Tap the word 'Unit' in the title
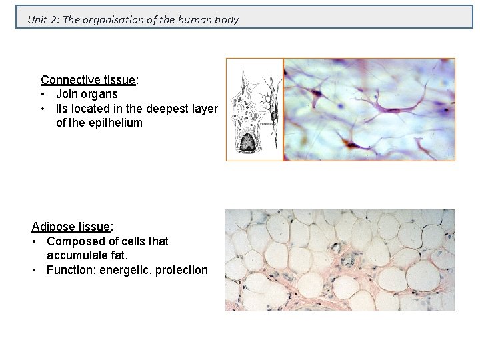[37, 19]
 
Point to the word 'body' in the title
[226, 19]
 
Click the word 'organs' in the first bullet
[100, 94]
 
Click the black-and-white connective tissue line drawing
[254, 110]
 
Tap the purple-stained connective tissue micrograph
[369, 109]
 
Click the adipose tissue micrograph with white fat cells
[339, 260]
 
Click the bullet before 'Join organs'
[43, 94]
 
